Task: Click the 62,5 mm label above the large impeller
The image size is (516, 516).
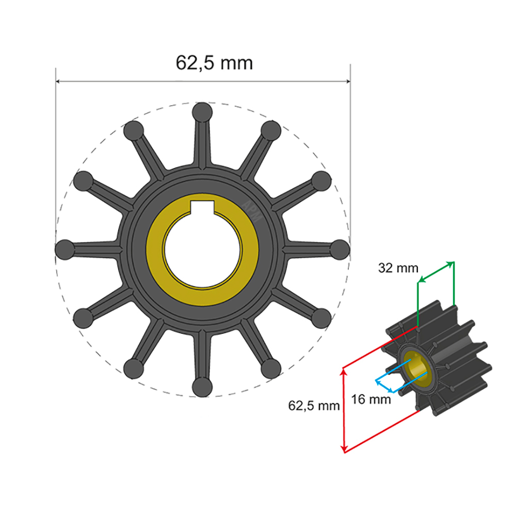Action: pyautogui.click(x=215, y=63)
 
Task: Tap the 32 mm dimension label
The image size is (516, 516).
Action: pyautogui.click(x=398, y=268)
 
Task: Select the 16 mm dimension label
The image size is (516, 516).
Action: pyautogui.click(x=370, y=399)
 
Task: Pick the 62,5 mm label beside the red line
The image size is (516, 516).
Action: pyautogui.click(x=314, y=406)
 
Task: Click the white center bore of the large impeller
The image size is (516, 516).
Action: pyautogui.click(x=202, y=251)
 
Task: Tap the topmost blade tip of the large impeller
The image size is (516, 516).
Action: pyautogui.click(x=202, y=112)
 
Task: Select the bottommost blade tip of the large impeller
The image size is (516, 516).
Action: pyautogui.click(x=202, y=387)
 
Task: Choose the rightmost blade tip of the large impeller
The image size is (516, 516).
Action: pyautogui.click(x=339, y=249)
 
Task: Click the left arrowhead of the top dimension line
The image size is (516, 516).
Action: pyautogui.click(x=59, y=81)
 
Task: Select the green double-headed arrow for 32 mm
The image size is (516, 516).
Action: pyautogui.click(x=436, y=272)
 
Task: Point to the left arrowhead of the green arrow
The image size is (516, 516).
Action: pyautogui.click(x=420, y=281)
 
